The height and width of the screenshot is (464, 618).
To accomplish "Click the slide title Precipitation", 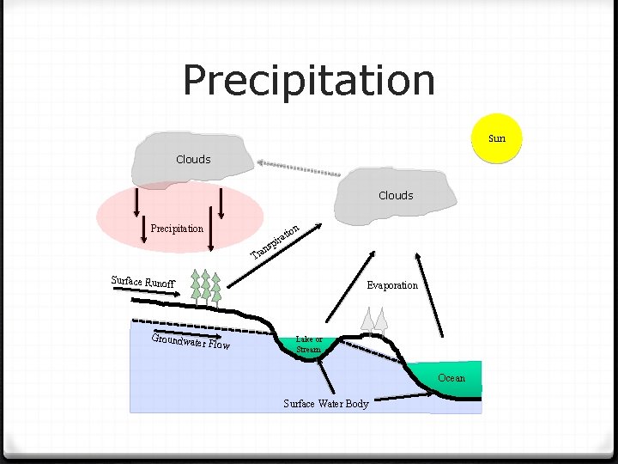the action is click(309, 80).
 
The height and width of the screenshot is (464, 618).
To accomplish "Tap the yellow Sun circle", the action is click(496, 137).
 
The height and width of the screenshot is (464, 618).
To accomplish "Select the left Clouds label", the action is click(193, 159).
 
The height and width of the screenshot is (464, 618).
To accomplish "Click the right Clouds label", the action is click(396, 196).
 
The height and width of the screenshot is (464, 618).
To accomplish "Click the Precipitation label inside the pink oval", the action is click(177, 229).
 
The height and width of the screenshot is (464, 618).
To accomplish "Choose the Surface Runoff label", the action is click(143, 281).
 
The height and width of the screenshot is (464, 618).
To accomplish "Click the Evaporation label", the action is click(392, 285).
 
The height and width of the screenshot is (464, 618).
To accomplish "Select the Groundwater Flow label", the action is click(191, 342).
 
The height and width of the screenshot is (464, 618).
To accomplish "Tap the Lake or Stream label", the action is click(309, 345).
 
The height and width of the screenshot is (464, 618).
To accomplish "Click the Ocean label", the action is click(451, 378).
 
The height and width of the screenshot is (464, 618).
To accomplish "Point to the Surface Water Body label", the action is click(326, 404).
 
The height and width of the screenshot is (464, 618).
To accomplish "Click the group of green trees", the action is click(206, 287).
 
